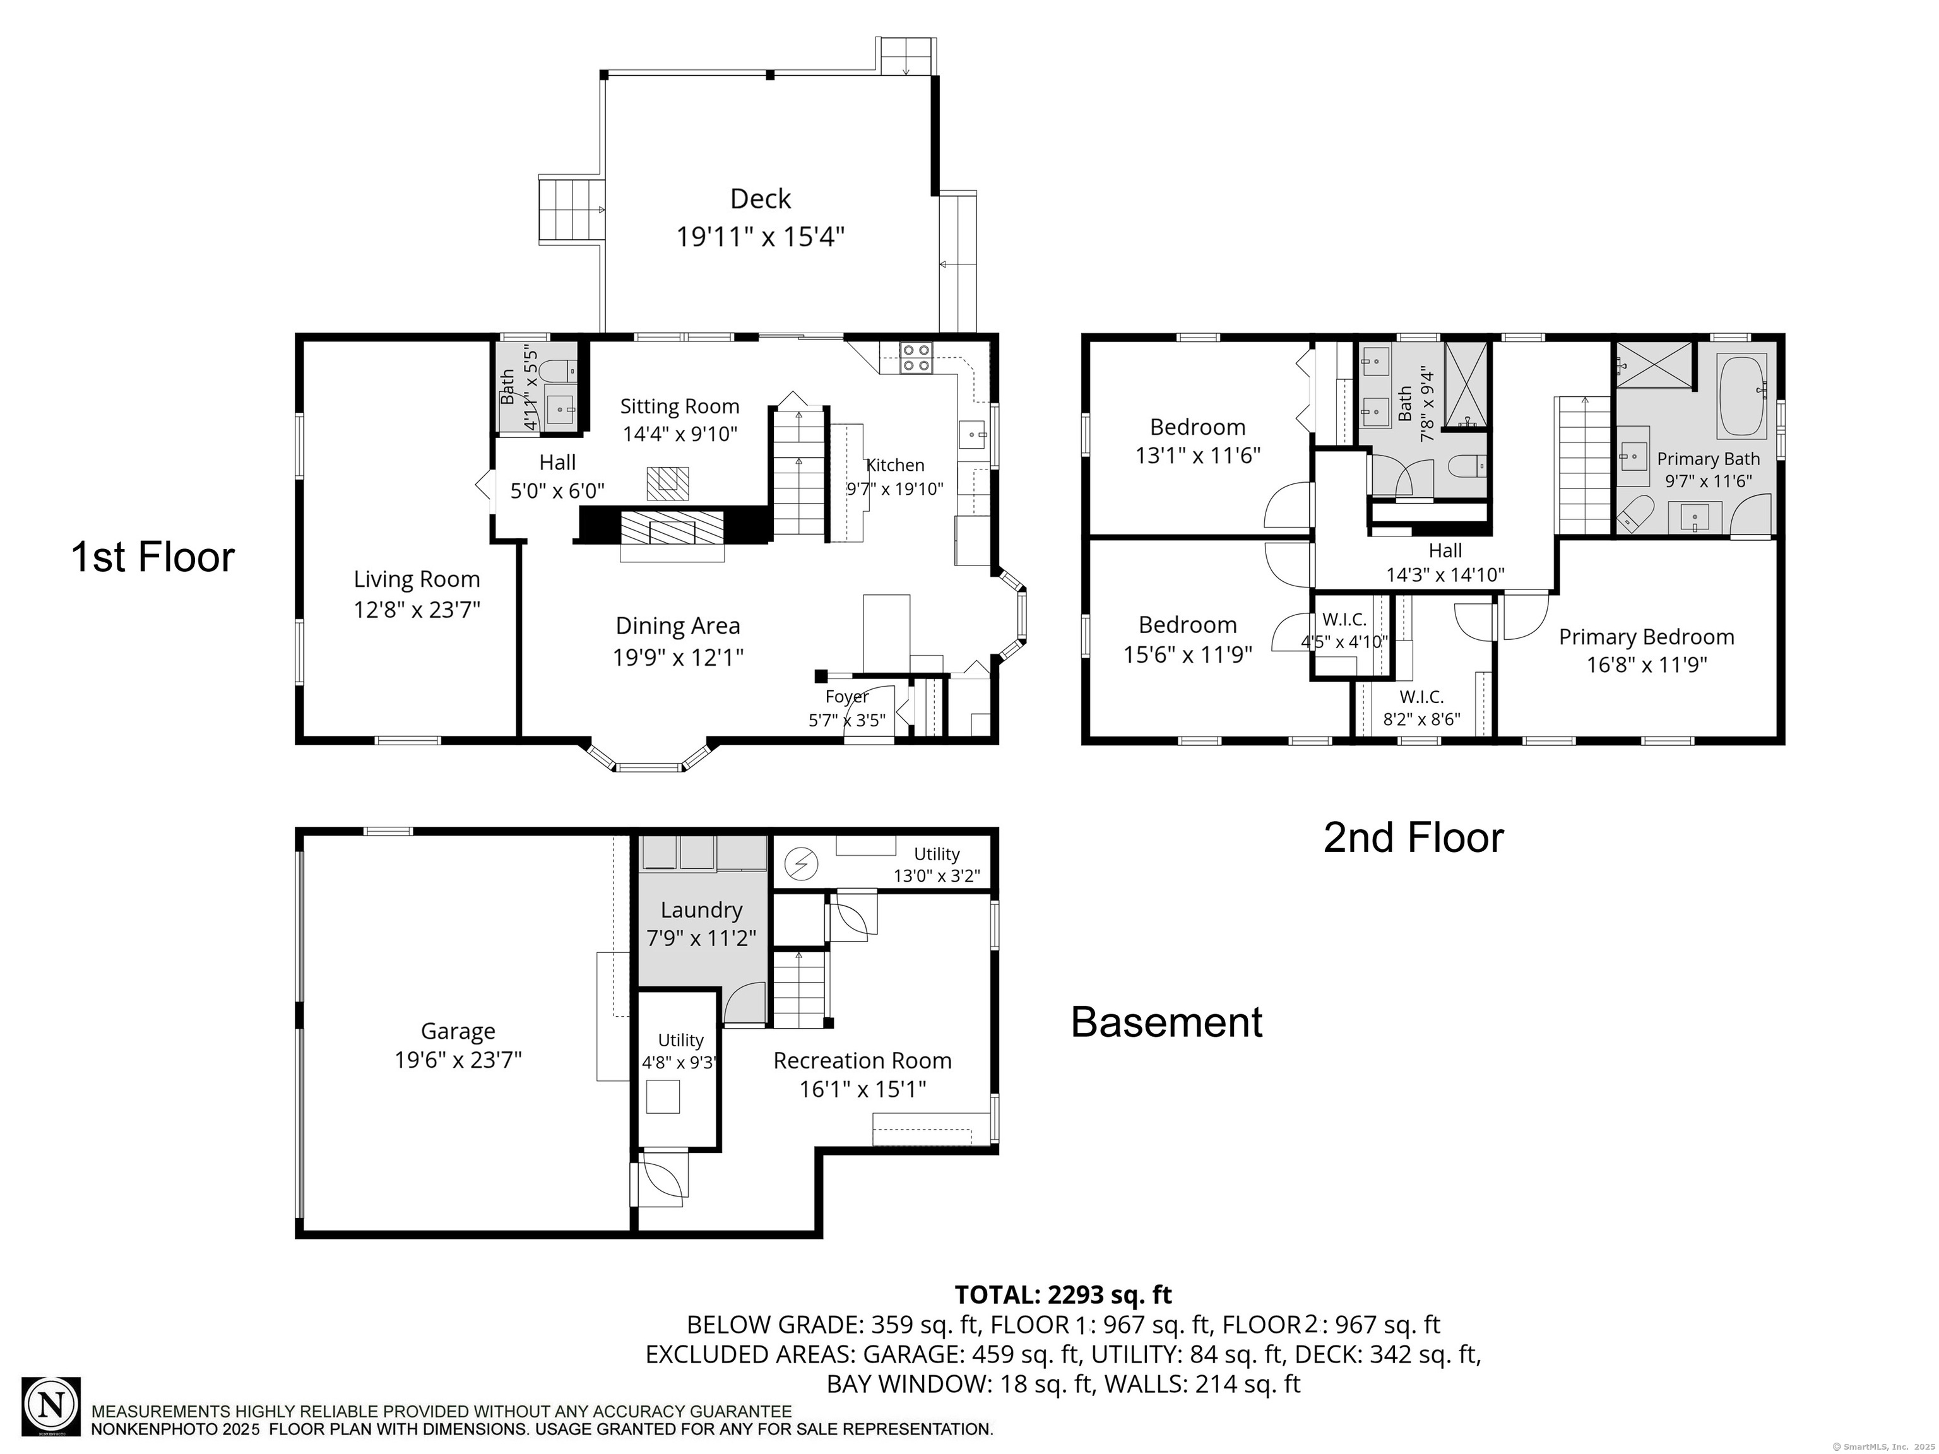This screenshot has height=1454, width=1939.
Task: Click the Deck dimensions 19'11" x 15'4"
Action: pyautogui.click(x=760, y=237)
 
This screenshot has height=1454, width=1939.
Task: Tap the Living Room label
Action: pyautogui.click(x=417, y=579)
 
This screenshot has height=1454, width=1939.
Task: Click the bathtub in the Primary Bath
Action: pyautogui.click(x=1742, y=396)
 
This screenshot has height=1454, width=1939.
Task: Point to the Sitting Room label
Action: pyautogui.click(x=679, y=406)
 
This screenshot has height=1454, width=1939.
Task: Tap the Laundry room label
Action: pyautogui.click(x=701, y=911)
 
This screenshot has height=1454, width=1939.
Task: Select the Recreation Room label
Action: pyautogui.click(x=862, y=1061)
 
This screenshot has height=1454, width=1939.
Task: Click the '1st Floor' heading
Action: pyautogui.click(x=153, y=557)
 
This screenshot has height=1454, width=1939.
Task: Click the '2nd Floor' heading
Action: pyautogui.click(x=1413, y=838)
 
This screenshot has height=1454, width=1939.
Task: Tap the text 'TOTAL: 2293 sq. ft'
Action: pyautogui.click(x=1062, y=1294)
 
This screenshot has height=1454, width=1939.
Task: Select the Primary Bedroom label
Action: pyautogui.click(x=1645, y=637)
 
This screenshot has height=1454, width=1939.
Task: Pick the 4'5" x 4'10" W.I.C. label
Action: pyautogui.click(x=1344, y=631)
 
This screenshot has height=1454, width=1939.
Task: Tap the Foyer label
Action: pyautogui.click(x=847, y=697)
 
